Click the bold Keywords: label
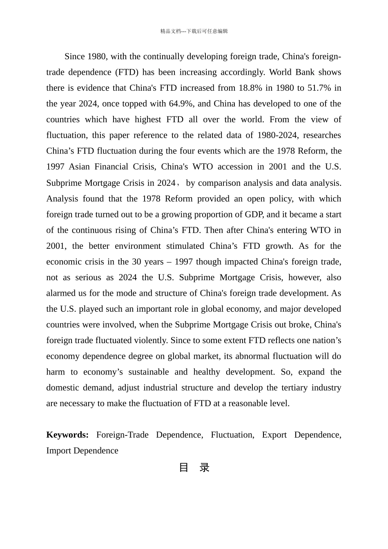click(x=67, y=435)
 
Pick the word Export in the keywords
click(x=274, y=435)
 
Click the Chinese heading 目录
click(x=194, y=468)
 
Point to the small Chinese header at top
click(x=194, y=31)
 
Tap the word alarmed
click(x=61, y=293)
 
